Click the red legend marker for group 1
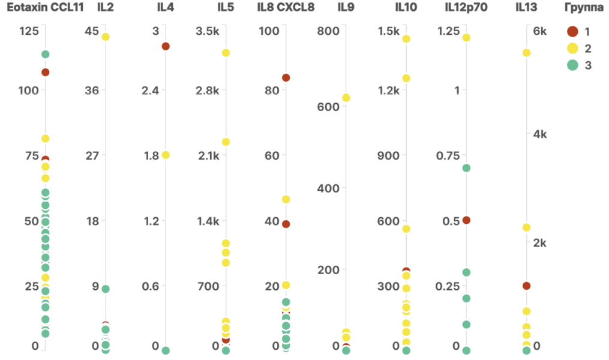click(572, 31)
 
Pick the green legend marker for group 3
click(572, 65)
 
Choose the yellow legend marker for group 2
click(572, 48)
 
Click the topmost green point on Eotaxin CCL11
click(45, 55)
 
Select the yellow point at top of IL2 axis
click(106, 37)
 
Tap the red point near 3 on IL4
click(166, 46)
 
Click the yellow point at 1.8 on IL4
click(166, 155)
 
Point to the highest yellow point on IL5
click(226, 53)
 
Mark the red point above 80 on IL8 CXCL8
click(286, 77)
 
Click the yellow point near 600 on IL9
click(346, 98)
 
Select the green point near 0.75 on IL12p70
click(466, 168)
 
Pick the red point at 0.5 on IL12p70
click(466, 220)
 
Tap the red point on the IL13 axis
click(526, 286)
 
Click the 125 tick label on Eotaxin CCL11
click(28, 31)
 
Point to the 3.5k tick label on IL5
click(208, 31)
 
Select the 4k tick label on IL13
click(540, 134)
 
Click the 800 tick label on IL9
click(329, 31)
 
